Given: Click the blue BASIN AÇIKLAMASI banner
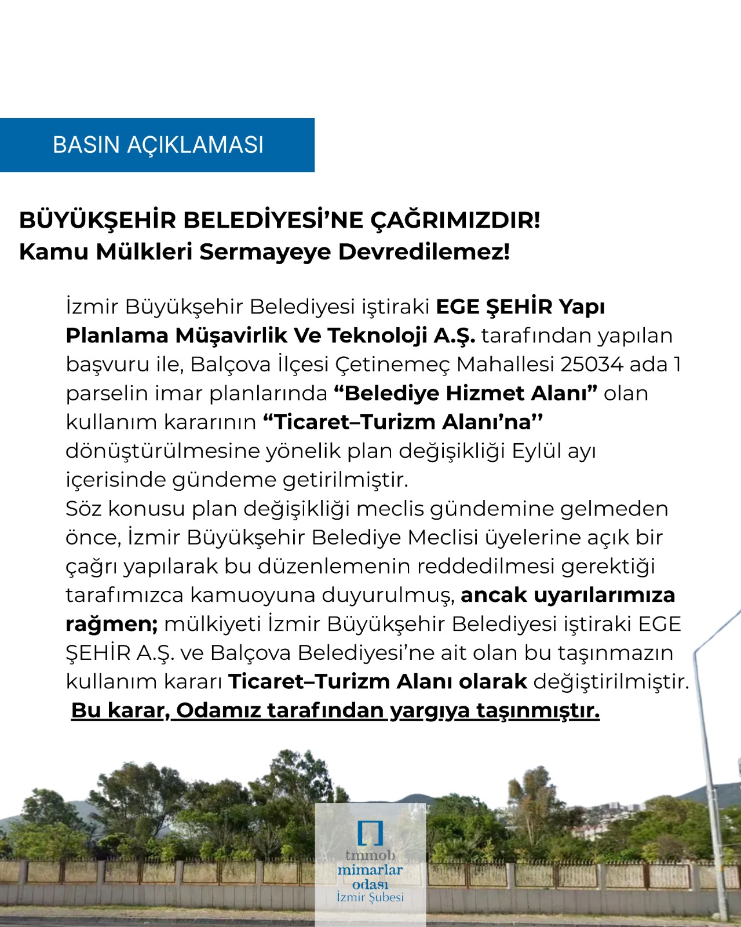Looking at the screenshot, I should coord(157,145).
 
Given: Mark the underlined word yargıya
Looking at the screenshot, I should coord(429,710).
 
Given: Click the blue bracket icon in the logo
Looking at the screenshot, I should coord(370,833).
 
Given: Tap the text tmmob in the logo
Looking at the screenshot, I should coord(370,855).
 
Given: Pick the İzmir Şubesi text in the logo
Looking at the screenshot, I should coord(370,897).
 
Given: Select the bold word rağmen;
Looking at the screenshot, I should coord(112,624).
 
